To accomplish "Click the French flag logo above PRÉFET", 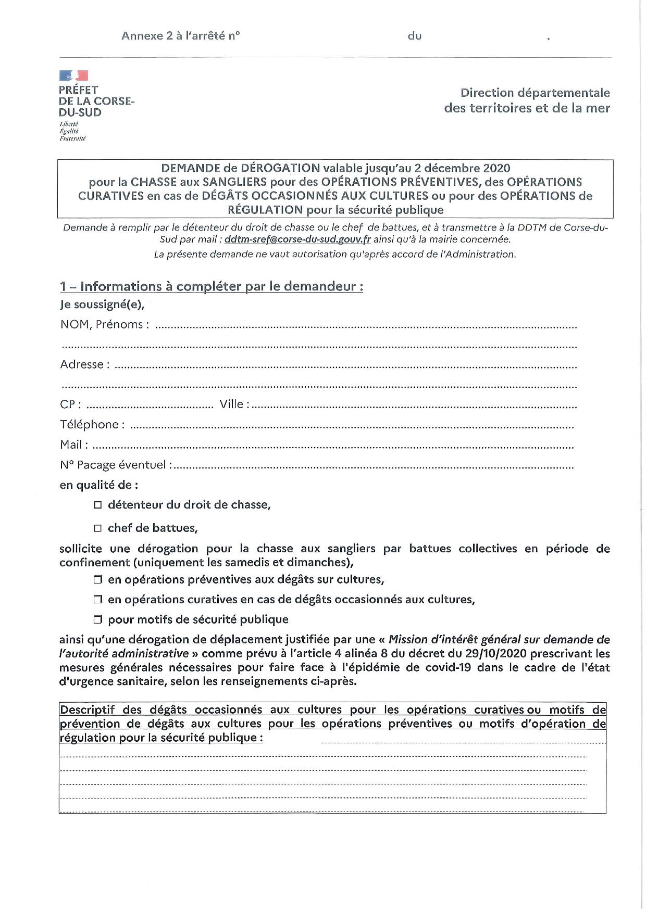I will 73,76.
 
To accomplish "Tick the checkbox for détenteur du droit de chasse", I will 98,505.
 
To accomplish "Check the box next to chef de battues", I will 98,528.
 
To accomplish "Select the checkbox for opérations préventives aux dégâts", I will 98,580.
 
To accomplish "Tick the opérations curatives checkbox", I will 98,600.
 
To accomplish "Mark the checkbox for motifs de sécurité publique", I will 98,620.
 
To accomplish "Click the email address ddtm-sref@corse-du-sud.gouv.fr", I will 297,240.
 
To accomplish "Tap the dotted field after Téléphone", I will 352,427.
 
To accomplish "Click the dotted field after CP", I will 149,407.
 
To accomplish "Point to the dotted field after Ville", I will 414,407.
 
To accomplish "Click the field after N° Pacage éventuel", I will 373,467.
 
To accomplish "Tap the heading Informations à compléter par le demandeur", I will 212,287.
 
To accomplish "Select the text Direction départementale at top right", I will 535,93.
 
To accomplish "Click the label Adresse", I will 81,364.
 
